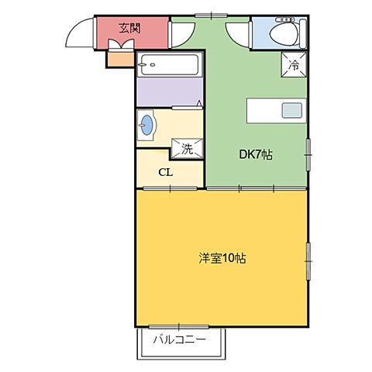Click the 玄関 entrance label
tap(129, 29)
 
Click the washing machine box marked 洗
tap(187, 147)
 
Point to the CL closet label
tap(165, 172)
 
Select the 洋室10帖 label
tap(222, 258)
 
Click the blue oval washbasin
tap(146, 126)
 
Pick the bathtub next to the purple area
tap(170, 66)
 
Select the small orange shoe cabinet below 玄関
tap(118, 57)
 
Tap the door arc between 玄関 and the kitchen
tap(181, 31)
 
